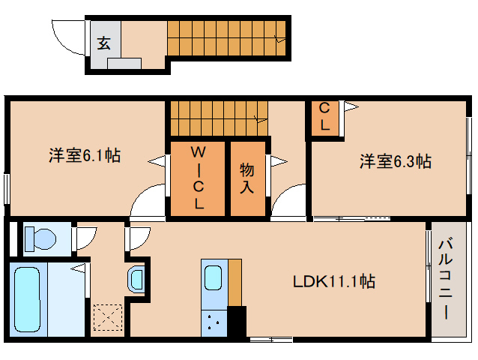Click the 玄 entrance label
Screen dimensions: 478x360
coord(103,43)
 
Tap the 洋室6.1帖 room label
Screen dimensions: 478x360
coord(85,155)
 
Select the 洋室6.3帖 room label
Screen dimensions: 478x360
coord(396,161)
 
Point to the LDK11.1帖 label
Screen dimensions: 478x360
coord(334,281)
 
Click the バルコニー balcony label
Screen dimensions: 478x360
coord(446,280)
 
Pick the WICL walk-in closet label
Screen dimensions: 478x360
coord(198,177)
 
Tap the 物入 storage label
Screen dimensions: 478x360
coord(247,178)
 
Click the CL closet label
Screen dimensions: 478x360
coord(324,116)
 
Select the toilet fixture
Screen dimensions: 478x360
coord(40,238)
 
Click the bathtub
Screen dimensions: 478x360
coord(28,299)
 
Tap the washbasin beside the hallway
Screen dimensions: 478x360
coord(136,279)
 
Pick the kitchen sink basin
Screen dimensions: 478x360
coord(213,277)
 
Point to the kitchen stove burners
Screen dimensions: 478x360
coord(214,322)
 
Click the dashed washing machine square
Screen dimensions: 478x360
coord(108,317)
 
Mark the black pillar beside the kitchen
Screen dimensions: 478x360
coord(237,321)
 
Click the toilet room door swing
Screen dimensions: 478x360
coord(87,238)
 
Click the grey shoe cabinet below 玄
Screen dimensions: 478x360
coord(124,64)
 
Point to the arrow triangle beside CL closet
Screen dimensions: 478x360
coord(351,107)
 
